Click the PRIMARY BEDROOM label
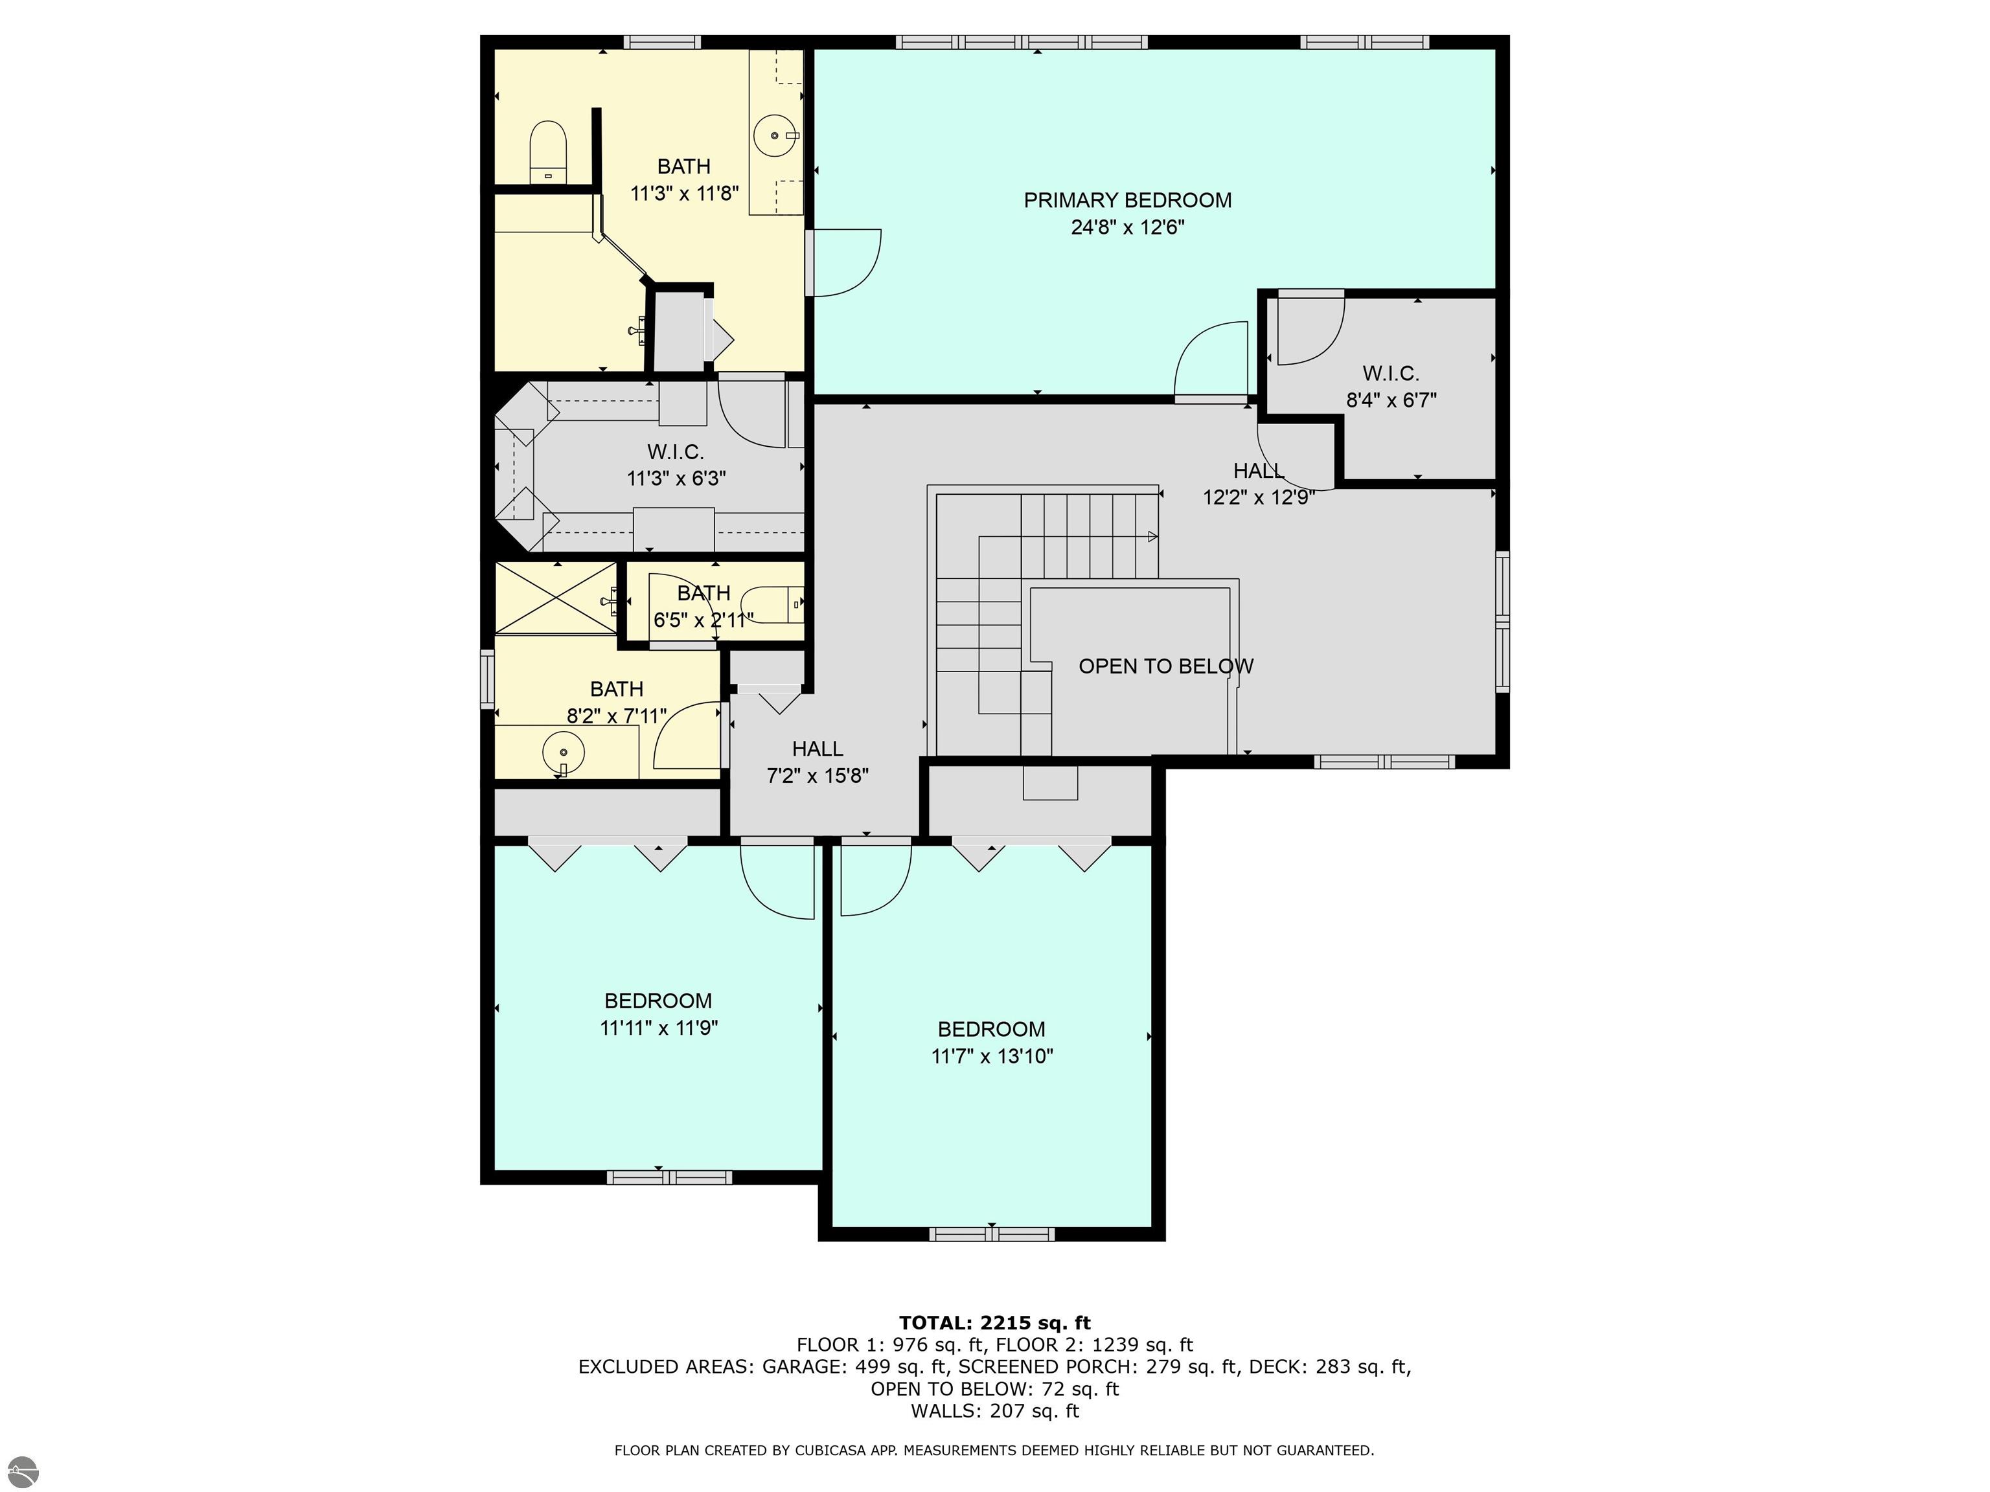[1127, 201]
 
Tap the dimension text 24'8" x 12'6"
[1127, 227]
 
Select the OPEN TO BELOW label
[1166, 666]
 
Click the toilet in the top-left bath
[547, 152]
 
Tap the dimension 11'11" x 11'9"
[659, 1028]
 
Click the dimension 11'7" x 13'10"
[991, 1056]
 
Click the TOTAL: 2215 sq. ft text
[995, 1323]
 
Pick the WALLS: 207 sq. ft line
[995, 1411]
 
